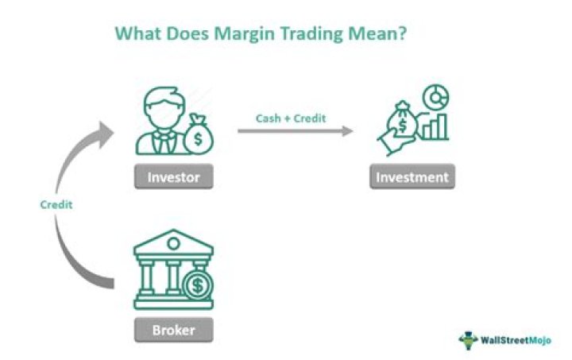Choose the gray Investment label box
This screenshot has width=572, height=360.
(x=412, y=176)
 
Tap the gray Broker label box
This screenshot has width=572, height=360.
(x=173, y=328)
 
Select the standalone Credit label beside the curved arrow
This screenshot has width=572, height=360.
(x=56, y=204)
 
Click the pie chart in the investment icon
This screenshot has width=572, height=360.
(x=433, y=99)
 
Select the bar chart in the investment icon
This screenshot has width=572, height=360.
(x=435, y=127)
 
